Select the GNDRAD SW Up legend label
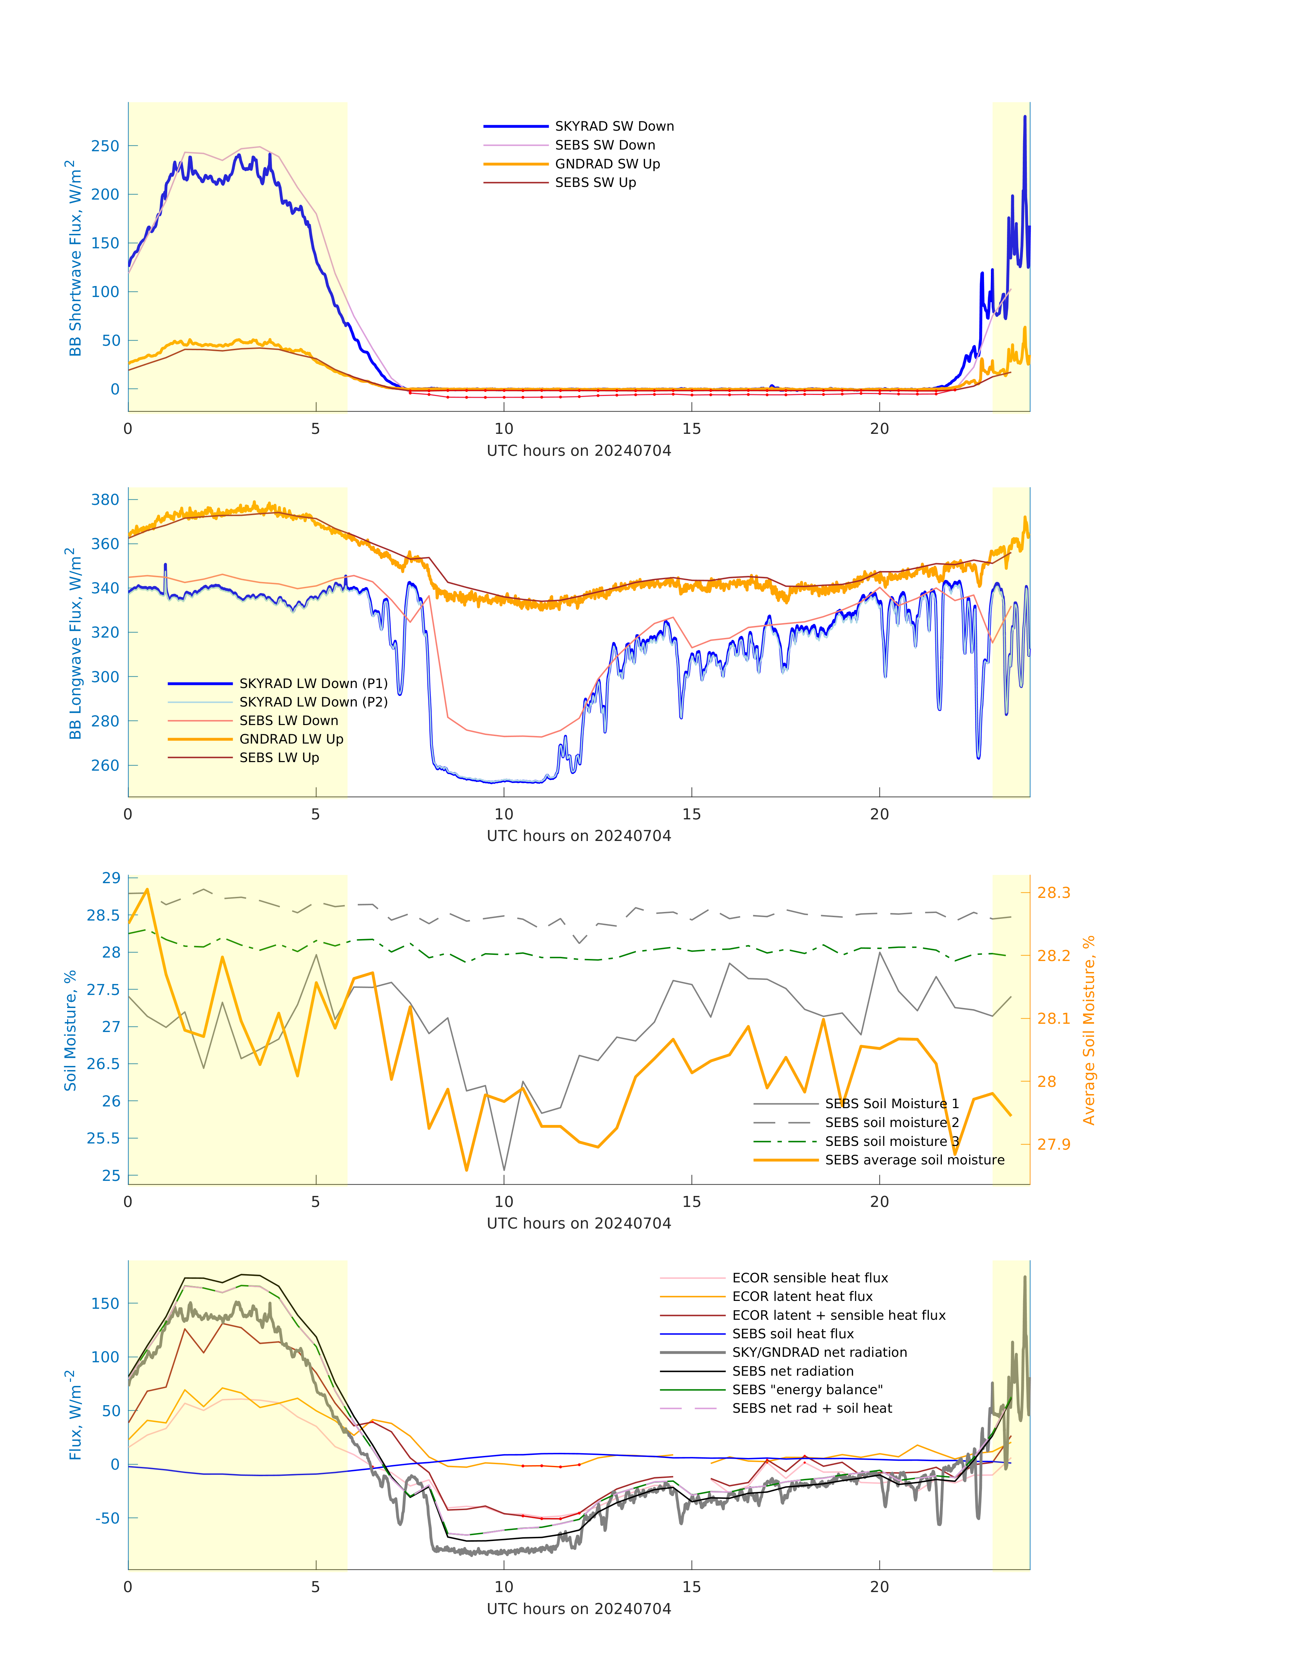pyautogui.click(x=607, y=164)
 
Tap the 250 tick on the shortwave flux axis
pyautogui.click(x=105, y=146)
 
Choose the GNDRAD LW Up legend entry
pyautogui.click(x=291, y=739)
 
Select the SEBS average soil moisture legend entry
pyautogui.click(x=914, y=1160)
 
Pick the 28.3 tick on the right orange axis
pyautogui.click(x=1053, y=892)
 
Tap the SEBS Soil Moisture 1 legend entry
pyautogui.click(x=891, y=1104)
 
